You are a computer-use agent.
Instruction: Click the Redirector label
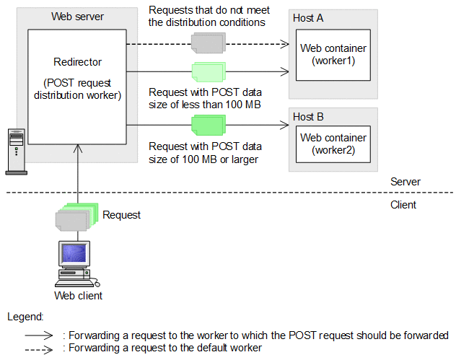coord(76,62)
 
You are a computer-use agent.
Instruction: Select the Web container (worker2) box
coord(333,144)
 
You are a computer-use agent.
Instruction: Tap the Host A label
coord(308,17)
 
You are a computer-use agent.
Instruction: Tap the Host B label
coord(308,116)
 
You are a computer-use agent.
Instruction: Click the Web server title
coord(77,16)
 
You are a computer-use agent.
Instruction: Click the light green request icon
coord(207,72)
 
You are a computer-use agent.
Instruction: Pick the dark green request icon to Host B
coord(207,126)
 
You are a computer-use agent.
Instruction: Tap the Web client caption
coord(79,295)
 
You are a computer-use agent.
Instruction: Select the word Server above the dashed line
coord(405,182)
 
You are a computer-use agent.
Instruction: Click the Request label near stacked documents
coord(121,214)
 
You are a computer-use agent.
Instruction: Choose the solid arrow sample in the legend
coord(40,335)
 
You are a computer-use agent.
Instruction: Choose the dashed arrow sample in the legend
coord(40,348)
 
